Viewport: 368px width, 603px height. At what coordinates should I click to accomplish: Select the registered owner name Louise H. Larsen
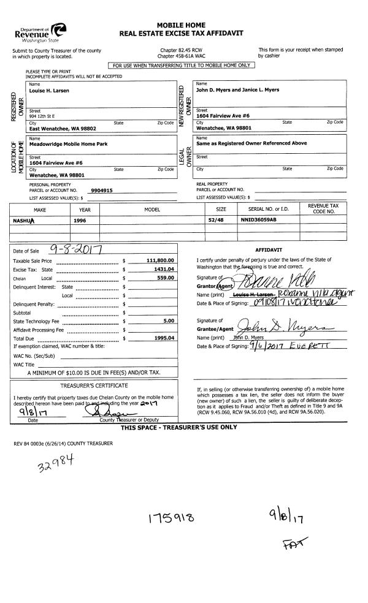pyautogui.click(x=50, y=91)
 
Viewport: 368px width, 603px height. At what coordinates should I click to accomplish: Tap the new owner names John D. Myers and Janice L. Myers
pyautogui.click(x=237, y=90)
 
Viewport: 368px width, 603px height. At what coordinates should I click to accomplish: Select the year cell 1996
pyautogui.click(x=80, y=220)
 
